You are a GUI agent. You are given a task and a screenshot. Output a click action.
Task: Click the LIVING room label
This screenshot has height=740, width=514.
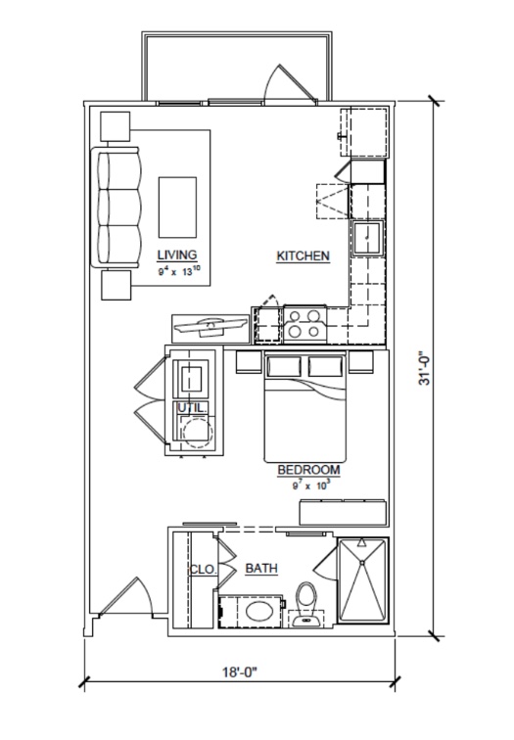click(x=177, y=255)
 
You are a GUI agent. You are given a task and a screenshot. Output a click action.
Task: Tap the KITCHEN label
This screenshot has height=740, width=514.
click(x=304, y=256)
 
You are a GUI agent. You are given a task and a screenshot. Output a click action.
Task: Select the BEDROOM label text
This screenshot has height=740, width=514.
click(x=308, y=470)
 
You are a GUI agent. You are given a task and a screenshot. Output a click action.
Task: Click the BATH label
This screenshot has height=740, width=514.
click(x=261, y=568)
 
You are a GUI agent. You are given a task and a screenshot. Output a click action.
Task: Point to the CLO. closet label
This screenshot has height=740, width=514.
click(x=203, y=570)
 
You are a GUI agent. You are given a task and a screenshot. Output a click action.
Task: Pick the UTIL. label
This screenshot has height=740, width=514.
click(x=192, y=408)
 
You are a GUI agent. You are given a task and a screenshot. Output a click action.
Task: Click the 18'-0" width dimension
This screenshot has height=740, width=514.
click(x=239, y=672)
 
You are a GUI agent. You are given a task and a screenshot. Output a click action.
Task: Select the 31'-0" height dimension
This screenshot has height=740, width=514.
click(x=425, y=367)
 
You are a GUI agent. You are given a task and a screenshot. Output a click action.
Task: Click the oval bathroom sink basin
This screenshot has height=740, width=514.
click(x=259, y=612)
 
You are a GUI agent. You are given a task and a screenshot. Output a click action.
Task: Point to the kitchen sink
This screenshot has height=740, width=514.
click(x=368, y=238)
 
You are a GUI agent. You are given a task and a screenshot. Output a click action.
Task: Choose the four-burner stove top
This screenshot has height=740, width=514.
click(x=304, y=324)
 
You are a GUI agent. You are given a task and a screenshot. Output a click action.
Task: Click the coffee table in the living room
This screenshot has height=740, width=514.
click(x=177, y=208)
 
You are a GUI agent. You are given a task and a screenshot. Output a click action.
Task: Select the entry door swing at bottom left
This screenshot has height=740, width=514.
click(x=125, y=597)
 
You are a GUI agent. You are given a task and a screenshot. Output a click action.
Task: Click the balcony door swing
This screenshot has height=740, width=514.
click(x=290, y=82)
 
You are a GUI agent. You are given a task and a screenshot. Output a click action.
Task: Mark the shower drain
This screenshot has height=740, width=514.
click(x=362, y=563)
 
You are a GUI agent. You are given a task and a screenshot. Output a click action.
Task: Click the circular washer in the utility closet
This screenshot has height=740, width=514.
click(x=198, y=433)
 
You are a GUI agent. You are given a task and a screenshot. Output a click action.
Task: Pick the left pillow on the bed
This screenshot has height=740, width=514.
click(x=284, y=367)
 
